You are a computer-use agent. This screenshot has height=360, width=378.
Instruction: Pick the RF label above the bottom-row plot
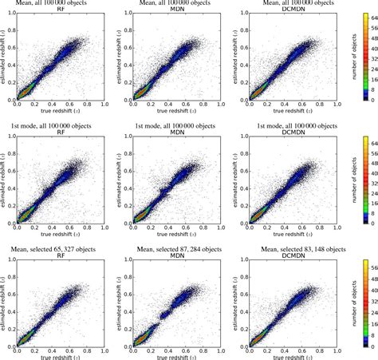coord(62,253)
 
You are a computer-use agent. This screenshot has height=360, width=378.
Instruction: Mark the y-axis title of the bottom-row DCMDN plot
coord(236,299)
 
